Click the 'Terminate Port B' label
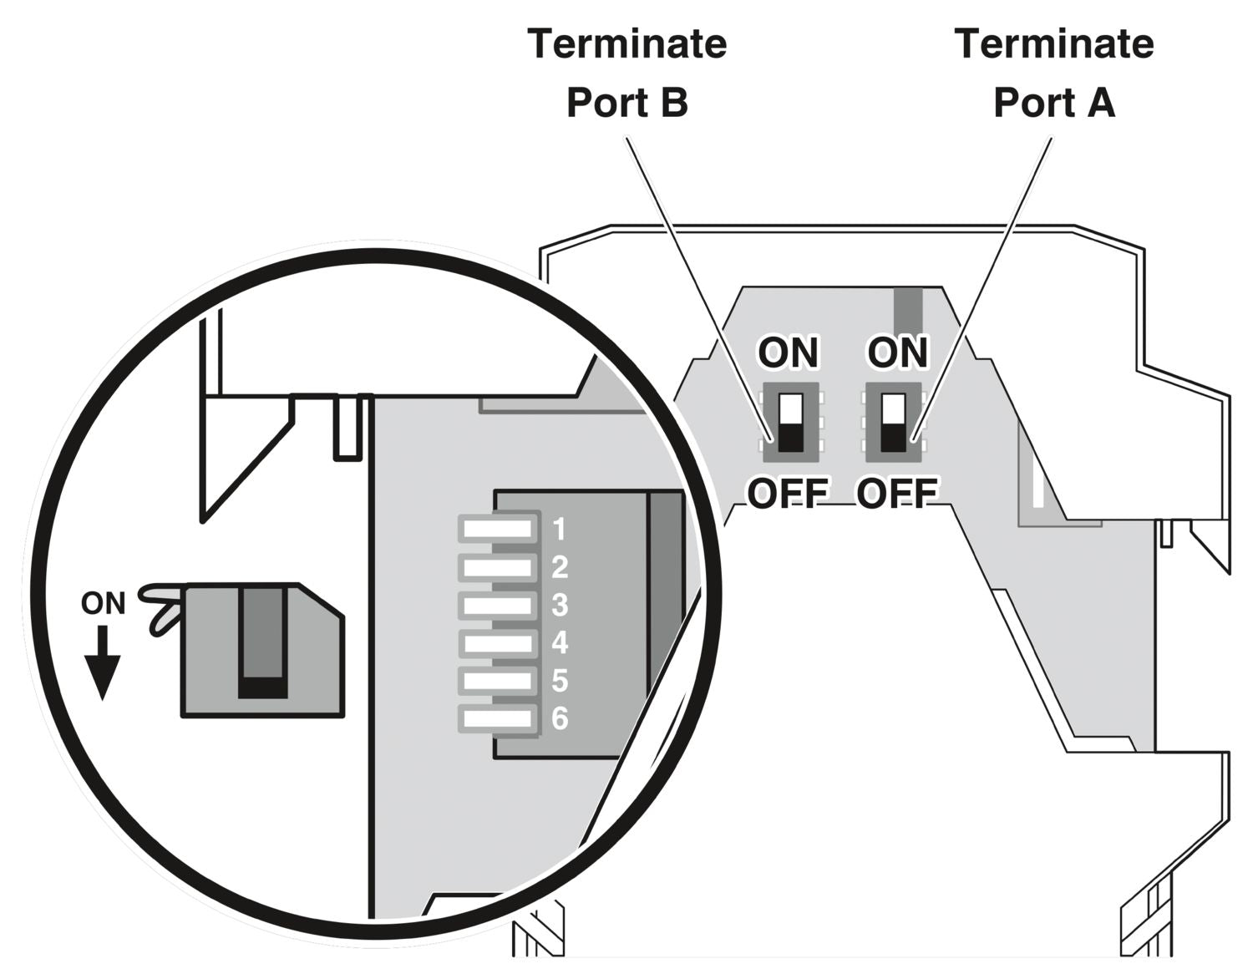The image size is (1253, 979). pyautogui.click(x=626, y=74)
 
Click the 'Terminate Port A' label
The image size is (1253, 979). pyautogui.click(x=1053, y=74)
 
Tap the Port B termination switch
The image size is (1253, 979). pyautogui.click(x=790, y=423)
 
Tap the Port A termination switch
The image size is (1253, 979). pyautogui.click(x=893, y=423)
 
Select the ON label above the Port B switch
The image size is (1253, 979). pyautogui.click(x=788, y=353)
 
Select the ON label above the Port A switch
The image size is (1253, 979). pyautogui.click(x=898, y=353)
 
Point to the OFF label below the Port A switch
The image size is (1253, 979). pyautogui.click(x=897, y=494)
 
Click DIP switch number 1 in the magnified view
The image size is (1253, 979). pyautogui.click(x=499, y=528)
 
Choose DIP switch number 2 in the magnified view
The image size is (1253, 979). pyautogui.click(x=499, y=568)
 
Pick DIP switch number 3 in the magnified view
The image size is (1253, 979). pyautogui.click(x=499, y=605)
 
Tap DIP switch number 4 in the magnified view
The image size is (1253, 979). pyautogui.click(x=499, y=643)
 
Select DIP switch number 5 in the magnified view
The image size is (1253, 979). pyautogui.click(x=499, y=681)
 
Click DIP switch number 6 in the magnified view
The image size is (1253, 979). pyautogui.click(x=499, y=718)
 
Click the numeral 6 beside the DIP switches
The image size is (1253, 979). pyautogui.click(x=560, y=718)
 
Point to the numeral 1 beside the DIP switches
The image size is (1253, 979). pyautogui.click(x=560, y=529)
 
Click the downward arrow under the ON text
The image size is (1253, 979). pyautogui.click(x=103, y=665)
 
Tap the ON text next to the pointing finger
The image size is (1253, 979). pyautogui.click(x=103, y=603)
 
